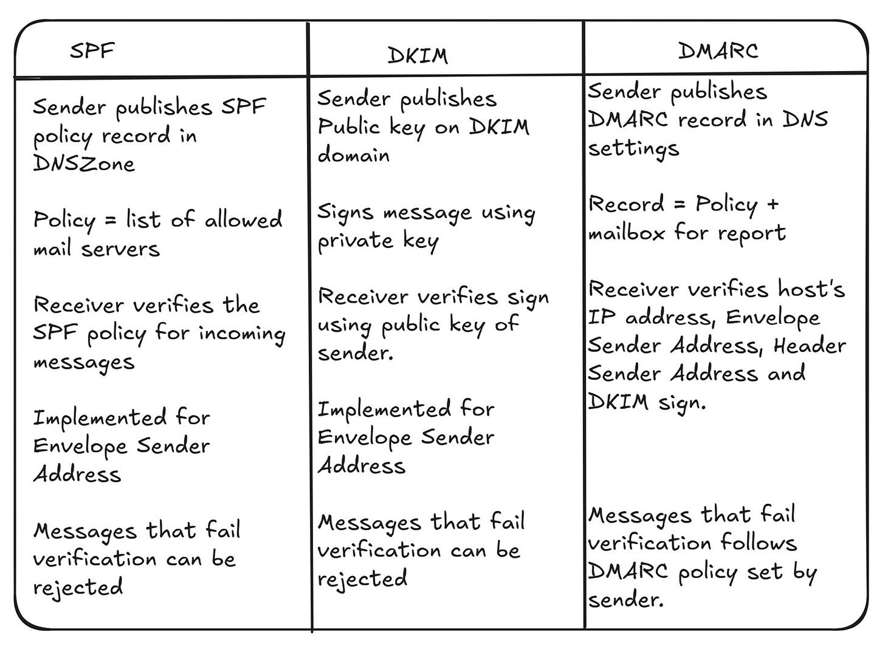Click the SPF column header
(92, 50)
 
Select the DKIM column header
(418, 55)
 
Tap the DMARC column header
(718, 50)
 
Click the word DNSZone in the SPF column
(83, 163)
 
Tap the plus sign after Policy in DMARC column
(773, 204)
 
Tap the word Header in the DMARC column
(810, 345)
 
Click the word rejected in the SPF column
(78, 587)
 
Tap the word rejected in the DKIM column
(362, 579)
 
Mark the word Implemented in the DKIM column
(384, 409)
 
